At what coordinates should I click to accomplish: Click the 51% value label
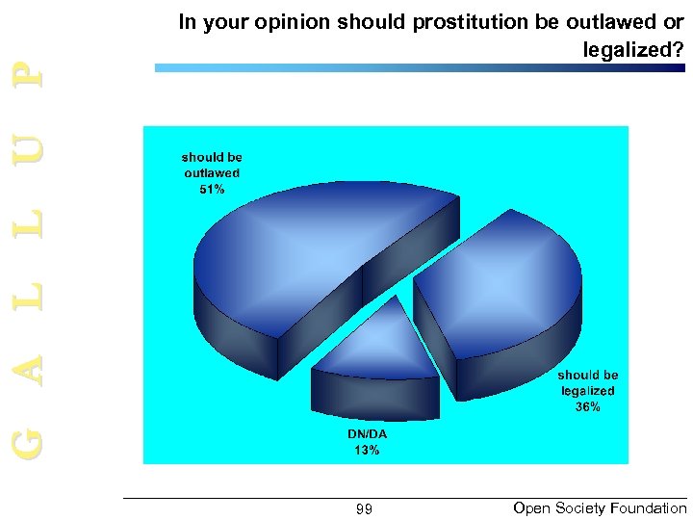tap(212, 190)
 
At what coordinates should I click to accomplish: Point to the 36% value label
tap(587, 407)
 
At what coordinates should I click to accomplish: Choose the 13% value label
tap(367, 450)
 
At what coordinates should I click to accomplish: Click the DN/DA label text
tap(367, 434)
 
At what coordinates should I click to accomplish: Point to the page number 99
tap(364, 509)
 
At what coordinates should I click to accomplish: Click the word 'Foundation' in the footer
tap(650, 508)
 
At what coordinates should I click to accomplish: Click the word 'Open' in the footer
tap(532, 508)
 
